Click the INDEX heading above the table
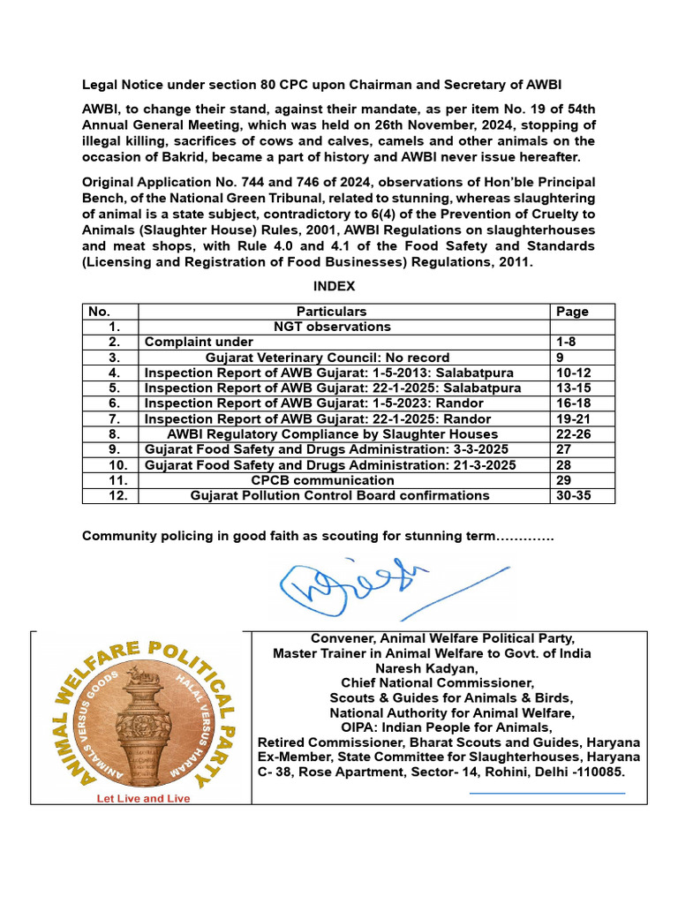pos(334,287)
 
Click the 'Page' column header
pos(572,312)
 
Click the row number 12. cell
pos(110,495)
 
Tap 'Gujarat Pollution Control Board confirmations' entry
pos(340,495)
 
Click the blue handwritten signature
pos(371,587)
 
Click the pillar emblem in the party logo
pos(141,715)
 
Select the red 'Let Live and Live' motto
pos(142,798)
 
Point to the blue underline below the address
pos(546,793)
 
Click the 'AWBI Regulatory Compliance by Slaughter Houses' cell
pos(332,434)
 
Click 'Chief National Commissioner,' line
pos(438,682)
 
